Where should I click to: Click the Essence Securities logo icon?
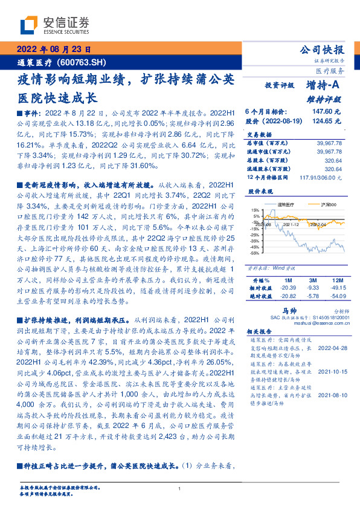pos(29,25)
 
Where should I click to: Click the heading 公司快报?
pos(323,50)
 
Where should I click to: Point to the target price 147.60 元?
pos(327,112)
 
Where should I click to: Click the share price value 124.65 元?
pos(327,121)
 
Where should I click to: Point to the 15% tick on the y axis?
pos(256,210)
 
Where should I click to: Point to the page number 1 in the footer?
pos(180,488)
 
